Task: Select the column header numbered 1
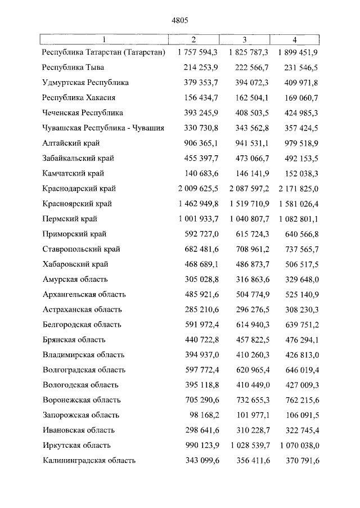[104, 39]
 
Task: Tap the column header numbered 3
[245, 39]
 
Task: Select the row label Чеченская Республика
[83, 113]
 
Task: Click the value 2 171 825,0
[299, 188]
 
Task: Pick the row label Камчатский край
[73, 173]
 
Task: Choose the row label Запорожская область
[81, 415]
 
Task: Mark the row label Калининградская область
[89, 460]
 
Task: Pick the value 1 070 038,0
[299, 445]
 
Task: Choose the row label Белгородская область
[82, 324]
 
